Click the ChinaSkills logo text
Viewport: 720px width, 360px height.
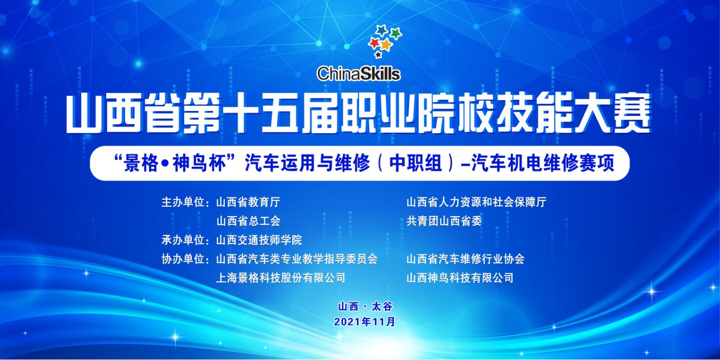tap(358, 74)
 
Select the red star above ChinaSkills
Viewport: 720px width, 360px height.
tap(375, 43)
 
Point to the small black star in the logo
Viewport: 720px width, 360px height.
tap(379, 55)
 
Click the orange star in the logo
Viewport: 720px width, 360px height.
tap(386, 45)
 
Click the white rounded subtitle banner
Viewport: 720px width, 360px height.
tap(359, 163)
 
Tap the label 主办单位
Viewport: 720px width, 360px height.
tap(183, 202)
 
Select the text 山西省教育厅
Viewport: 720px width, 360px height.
tap(248, 202)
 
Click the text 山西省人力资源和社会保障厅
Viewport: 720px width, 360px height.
tap(476, 202)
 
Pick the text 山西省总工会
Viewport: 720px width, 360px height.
tap(248, 221)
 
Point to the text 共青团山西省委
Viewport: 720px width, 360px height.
tap(444, 221)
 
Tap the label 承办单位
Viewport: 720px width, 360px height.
tap(183, 240)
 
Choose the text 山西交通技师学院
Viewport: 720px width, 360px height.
tap(259, 240)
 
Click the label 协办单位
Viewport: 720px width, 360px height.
tap(183, 259)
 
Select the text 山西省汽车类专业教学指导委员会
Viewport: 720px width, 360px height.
tap(297, 259)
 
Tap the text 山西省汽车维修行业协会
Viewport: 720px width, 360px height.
tap(466, 259)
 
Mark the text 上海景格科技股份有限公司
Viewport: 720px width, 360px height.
tap(280, 278)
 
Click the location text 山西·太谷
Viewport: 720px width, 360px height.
tap(365, 306)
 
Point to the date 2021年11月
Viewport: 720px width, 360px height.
tap(365, 322)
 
